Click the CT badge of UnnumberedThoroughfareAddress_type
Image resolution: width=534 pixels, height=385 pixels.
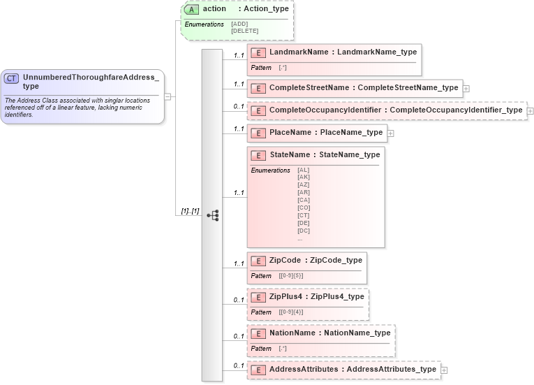point(11,78)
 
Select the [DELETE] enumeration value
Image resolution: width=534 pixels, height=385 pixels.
point(244,31)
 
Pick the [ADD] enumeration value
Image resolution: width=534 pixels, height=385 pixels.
point(239,24)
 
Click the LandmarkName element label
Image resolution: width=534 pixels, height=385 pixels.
point(299,52)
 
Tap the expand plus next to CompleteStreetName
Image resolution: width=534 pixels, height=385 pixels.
point(466,89)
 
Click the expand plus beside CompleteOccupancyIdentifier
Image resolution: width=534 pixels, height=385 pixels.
point(530,110)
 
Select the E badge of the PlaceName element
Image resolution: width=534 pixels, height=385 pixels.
point(258,133)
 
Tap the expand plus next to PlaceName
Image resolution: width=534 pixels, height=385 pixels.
point(390,133)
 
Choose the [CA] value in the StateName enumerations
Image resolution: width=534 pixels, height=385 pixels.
point(304,200)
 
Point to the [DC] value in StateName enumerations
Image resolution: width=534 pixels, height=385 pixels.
point(304,231)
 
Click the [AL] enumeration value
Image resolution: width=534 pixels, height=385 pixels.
point(303,170)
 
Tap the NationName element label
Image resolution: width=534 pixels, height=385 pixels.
point(292,333)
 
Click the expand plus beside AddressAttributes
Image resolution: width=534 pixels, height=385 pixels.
point(444,370)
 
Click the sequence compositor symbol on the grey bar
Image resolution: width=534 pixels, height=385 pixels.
point(212,215)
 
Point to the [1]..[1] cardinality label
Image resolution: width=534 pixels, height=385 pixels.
point(190,211)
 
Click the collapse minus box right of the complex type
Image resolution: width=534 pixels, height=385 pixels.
point(168,97)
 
